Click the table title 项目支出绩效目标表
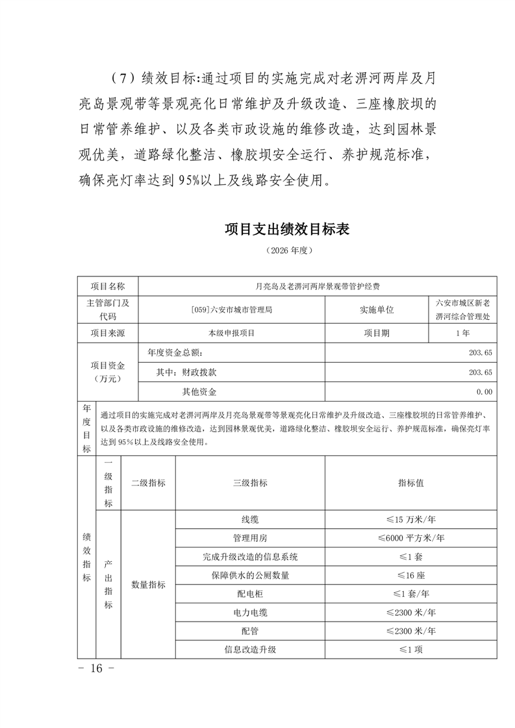point(286,230)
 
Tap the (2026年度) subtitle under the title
point(286,250)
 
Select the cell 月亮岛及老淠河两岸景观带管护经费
point(318,285)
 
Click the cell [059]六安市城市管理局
point(232,309)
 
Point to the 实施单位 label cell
point(377,309)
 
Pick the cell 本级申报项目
point(232,333)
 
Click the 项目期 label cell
point(377,333)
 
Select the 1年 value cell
point(463,333)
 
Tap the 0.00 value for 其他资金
point(484,392)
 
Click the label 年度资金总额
point(175,353)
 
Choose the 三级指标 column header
point(250,483)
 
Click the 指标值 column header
point(410,483)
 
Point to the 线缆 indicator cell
point(250,520)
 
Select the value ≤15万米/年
point(410,520)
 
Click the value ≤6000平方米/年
point(410,538)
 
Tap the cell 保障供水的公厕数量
point(250,575)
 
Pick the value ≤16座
point(410,575)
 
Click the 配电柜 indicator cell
point(250,594)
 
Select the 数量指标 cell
point(148,584)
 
